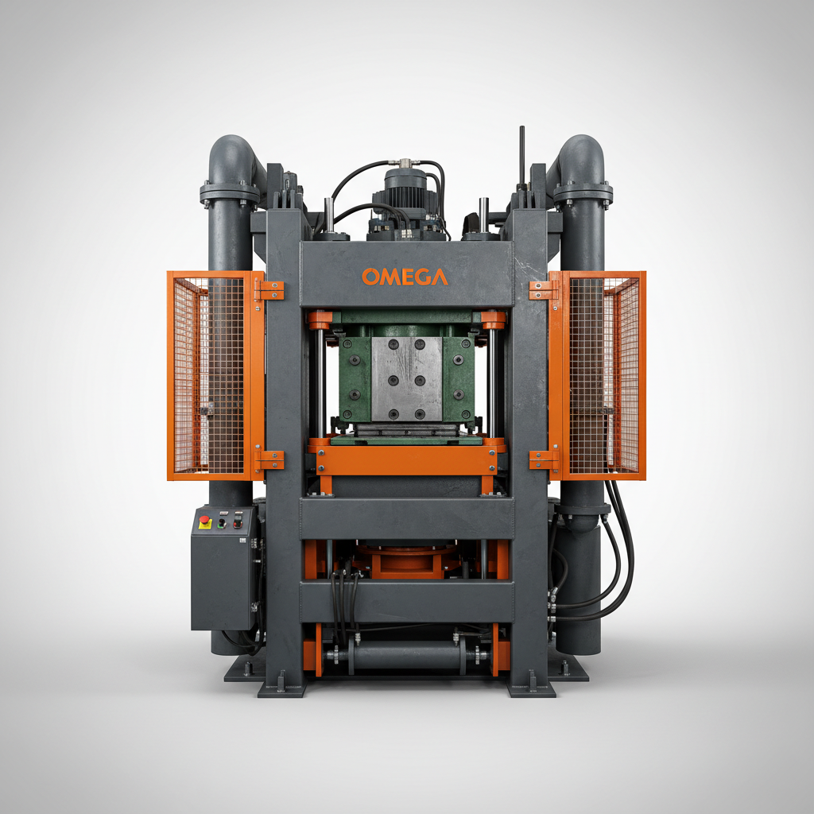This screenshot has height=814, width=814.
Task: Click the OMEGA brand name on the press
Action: coord(405,277)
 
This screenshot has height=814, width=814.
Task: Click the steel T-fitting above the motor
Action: coord(405,162)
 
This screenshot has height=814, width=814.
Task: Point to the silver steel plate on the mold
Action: coord(406,378)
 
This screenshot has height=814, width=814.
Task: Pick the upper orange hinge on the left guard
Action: coord(269,290)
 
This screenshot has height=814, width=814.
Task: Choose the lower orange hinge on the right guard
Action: coord(544,459)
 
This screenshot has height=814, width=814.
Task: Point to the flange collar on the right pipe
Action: coord(583,192)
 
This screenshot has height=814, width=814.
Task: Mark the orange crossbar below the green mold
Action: coord(405,459)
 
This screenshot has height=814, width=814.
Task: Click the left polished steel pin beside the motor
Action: coord(328,215)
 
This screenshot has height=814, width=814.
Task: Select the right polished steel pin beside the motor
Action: coord(483,215)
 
